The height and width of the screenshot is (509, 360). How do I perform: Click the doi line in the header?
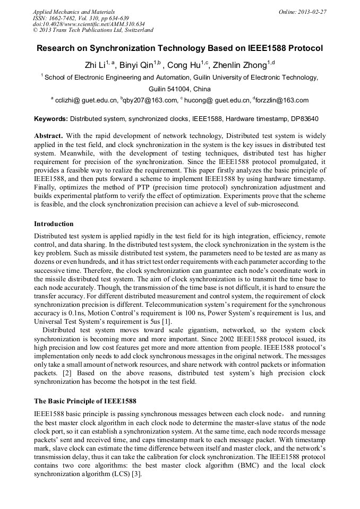pos(89,24)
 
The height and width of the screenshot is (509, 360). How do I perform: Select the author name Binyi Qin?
pos(133,65)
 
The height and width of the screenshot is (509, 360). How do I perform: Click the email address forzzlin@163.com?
pos(282,100)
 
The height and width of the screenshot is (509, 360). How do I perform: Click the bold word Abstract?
pos(49,135)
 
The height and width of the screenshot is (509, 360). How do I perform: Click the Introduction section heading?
pos(54,223)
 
